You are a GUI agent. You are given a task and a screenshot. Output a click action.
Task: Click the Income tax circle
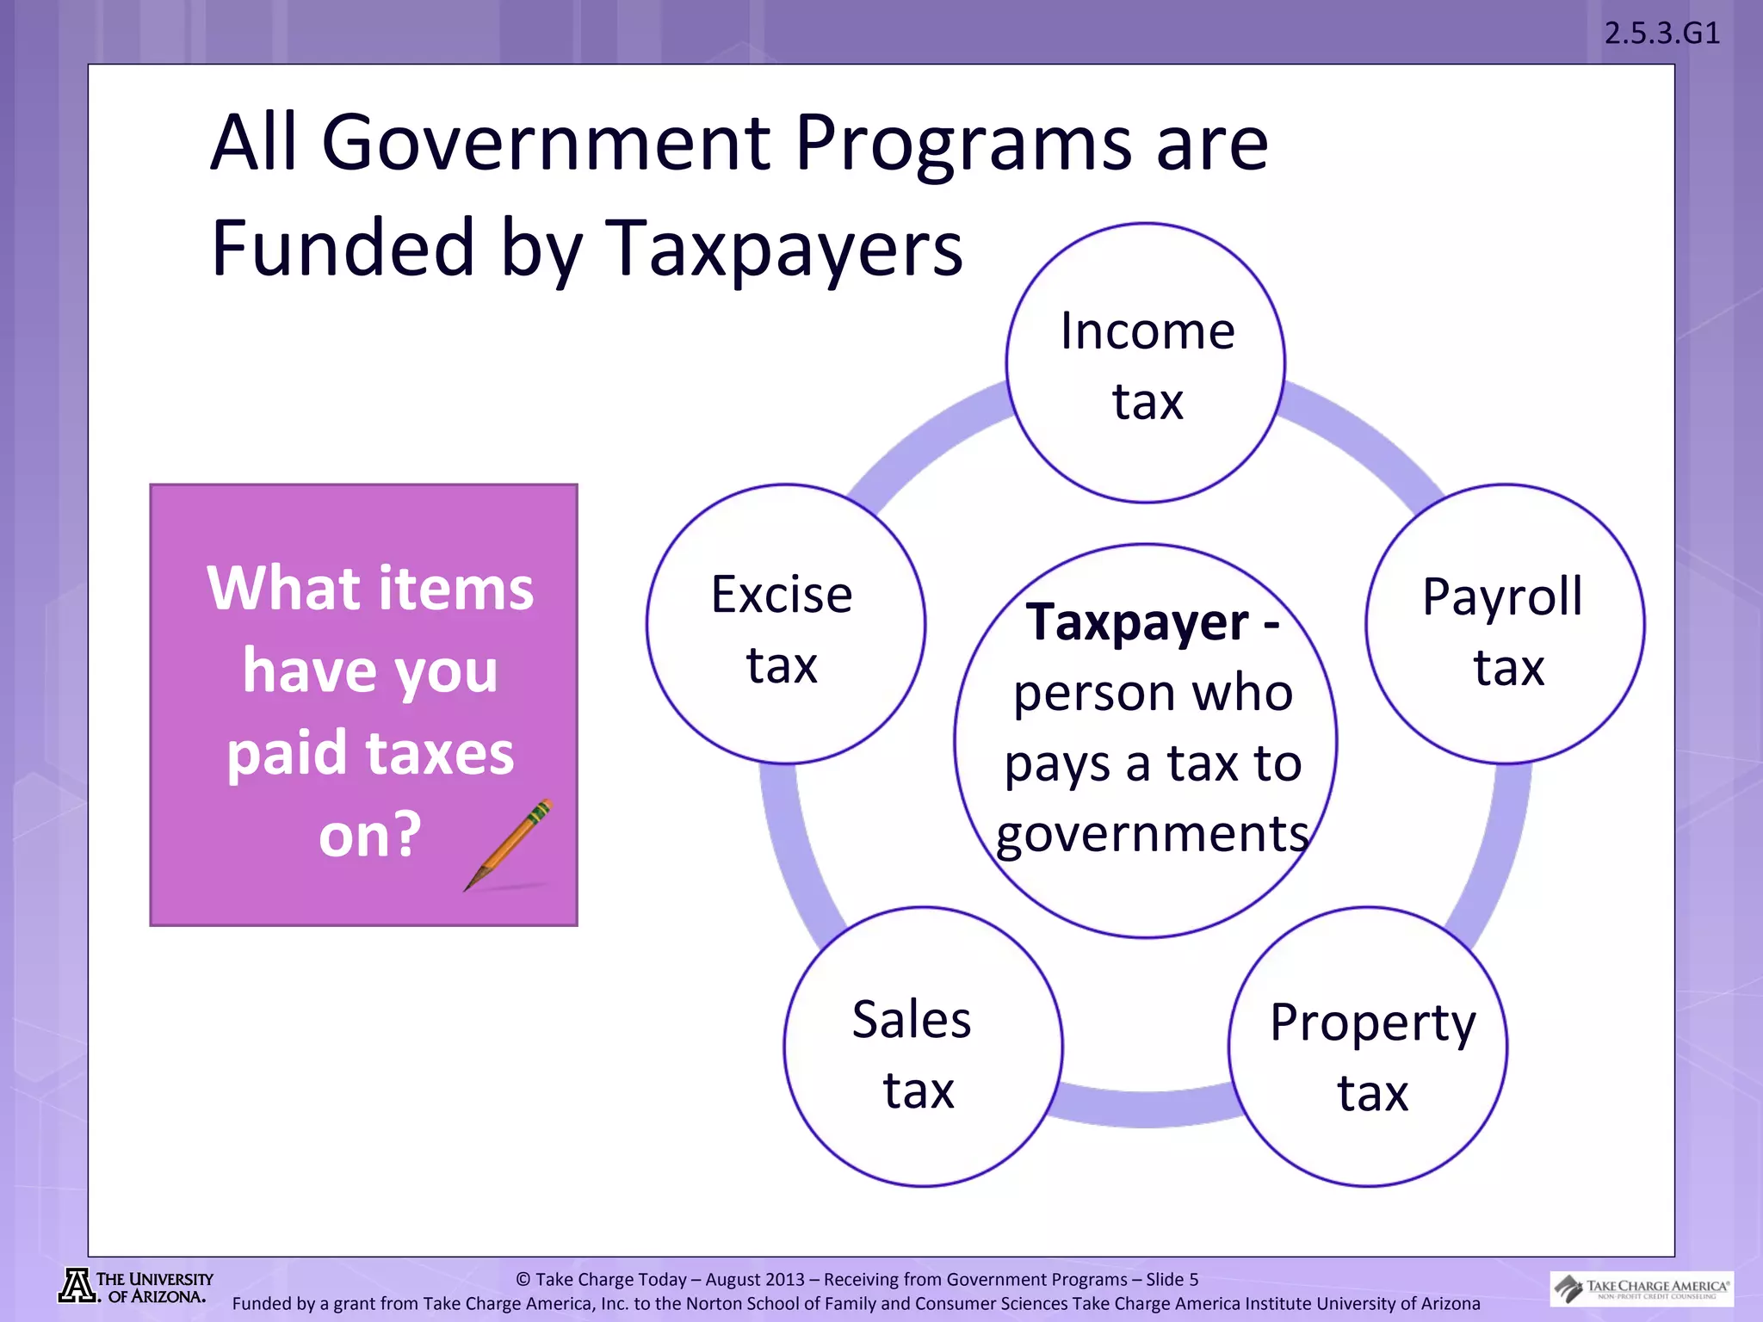coord(1146,363)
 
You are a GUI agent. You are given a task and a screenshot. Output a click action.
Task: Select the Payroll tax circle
coord(1505,624)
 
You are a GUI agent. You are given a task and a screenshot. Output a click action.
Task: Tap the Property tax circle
coord(1368,1047)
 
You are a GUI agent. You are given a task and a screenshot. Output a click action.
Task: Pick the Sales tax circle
coord(923,1047)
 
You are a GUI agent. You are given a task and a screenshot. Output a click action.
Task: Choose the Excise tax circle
coord(785,624)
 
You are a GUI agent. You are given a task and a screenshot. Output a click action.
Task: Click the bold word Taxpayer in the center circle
coord(1136,622)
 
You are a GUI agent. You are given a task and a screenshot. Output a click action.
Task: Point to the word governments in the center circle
coord(1152,834)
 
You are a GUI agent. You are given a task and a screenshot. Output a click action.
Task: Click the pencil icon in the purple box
coord(509,845)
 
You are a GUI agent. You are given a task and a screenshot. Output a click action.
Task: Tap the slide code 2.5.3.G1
coord(1661,34)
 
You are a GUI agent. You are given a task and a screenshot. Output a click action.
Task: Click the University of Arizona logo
coord(136,1287)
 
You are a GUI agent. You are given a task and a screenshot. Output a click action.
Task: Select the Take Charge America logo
coord(1642,1288)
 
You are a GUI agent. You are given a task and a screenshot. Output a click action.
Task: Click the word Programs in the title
coord(962,143)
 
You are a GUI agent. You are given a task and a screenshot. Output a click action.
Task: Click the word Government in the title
coord(546,143)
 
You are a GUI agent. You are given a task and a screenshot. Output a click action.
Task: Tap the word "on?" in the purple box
coord(370,834)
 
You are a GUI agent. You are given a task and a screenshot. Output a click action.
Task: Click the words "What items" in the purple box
coord(370,589)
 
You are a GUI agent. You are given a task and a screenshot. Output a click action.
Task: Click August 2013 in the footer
coord(755,1280)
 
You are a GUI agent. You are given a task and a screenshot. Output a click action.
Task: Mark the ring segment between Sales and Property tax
coord(1146,1109)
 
